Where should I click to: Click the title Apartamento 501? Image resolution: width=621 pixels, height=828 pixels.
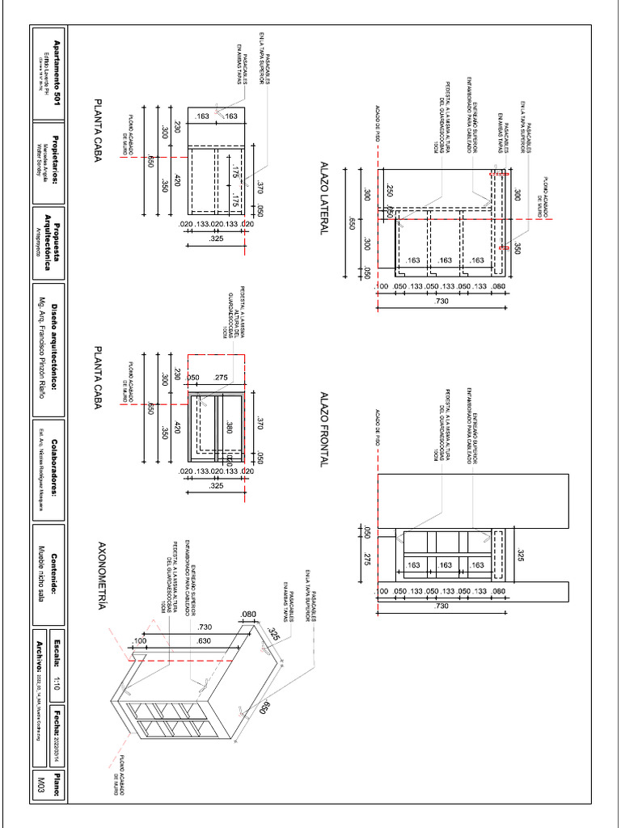pos(57,74)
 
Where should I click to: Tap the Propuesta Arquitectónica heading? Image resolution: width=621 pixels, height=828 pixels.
pos(53,240)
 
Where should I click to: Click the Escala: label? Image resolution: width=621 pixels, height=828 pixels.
pos(57,650)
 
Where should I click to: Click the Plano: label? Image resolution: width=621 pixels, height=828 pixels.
pos(57,784)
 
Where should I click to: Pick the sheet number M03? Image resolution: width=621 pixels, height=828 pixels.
pos(41,784)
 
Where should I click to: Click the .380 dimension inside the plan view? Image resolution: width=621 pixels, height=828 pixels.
pos(229,428)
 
